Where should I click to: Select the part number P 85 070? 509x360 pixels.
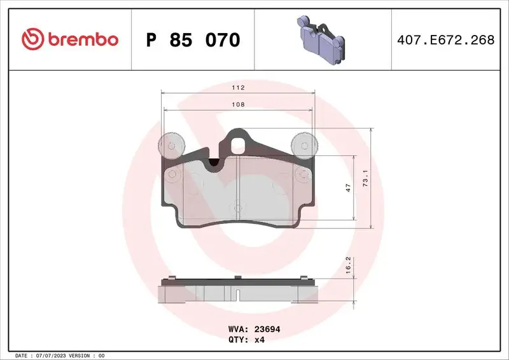(x=193, y=40)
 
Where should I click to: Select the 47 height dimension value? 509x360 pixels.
(x=348, y=188)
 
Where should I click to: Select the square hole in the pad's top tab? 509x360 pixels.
(x=239, y=146)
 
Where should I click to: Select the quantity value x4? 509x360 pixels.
(x=260, y=340)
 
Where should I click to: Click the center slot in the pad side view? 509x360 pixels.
(x=237, y=295)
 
